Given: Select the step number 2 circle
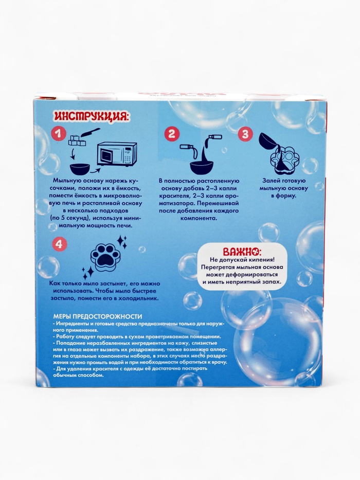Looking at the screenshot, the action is click(x=172, y=134).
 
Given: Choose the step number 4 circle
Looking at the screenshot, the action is click(x=59, y=244).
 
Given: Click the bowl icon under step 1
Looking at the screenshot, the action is click(x=80, y=169).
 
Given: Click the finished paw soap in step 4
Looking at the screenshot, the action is click(x=104, y=257).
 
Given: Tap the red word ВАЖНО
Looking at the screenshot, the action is click(x=242, y=252).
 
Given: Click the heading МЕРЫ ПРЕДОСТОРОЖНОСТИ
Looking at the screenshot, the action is click(x=97, y=316).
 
